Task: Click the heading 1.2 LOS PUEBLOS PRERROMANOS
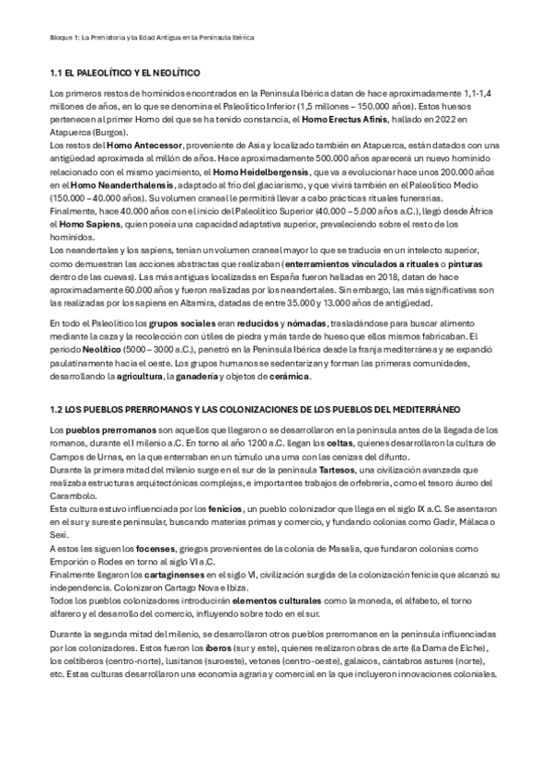point(241,407)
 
